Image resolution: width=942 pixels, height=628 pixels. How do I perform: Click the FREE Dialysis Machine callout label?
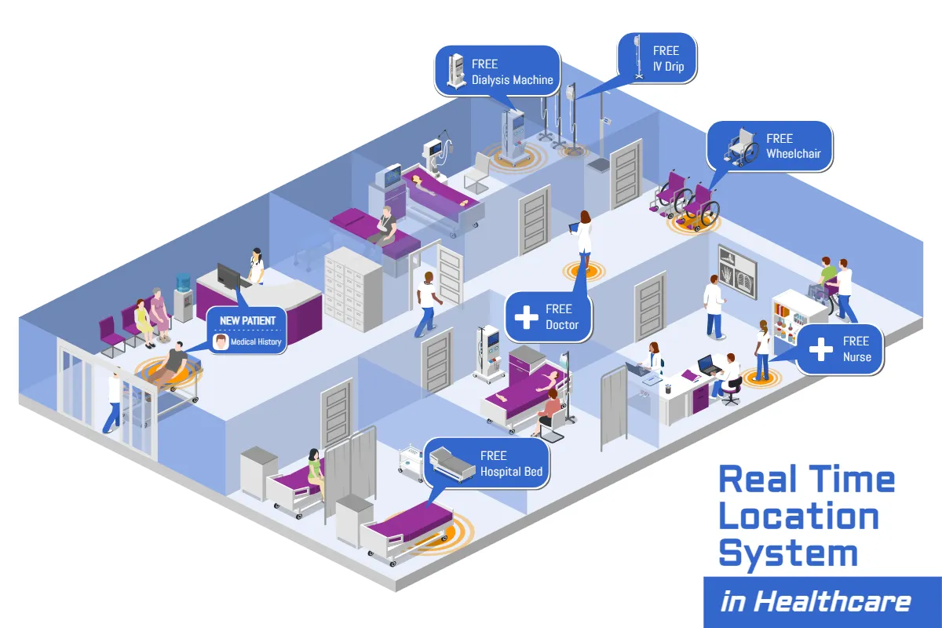pos(497,71)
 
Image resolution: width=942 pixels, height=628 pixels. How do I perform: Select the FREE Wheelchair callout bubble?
pos(769,146)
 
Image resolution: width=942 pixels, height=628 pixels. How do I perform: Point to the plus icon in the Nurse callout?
pos(821,349)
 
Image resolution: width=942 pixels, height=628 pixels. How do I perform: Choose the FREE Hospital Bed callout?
pos(487,463)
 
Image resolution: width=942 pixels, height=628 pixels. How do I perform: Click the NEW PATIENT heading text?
pos(247,320)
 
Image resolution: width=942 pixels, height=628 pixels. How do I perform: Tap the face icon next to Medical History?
pos(221,341)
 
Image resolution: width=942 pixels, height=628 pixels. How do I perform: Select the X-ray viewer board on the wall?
pos(739,272)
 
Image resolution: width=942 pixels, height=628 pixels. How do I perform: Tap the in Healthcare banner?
pos(816,602)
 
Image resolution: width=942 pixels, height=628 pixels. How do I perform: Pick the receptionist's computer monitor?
pos(228,276)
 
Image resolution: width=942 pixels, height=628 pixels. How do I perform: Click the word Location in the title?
pos(798,516)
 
